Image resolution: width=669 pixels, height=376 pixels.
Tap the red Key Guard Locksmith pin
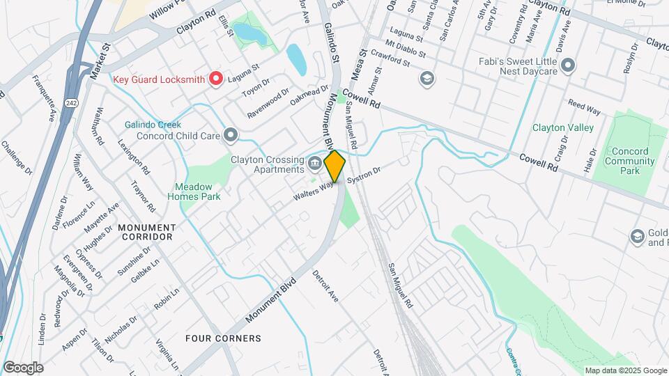(x=216, y=79)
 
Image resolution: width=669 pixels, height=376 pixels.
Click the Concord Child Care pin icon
(x=231, y=135)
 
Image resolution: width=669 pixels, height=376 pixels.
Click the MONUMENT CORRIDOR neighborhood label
(x=146, y=232)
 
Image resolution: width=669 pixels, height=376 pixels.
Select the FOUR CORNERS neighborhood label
(x=223, y=338)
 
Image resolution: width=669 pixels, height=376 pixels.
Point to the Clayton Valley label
(x=563, y=127)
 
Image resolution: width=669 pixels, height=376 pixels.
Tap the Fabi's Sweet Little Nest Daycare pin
(x=568, y=66)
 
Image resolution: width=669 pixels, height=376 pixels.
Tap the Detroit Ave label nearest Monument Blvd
(x=325, y=285)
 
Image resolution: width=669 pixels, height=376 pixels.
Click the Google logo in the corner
(x=23, y=368)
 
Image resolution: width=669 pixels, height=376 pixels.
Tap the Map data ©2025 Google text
(x=625, y=370)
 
